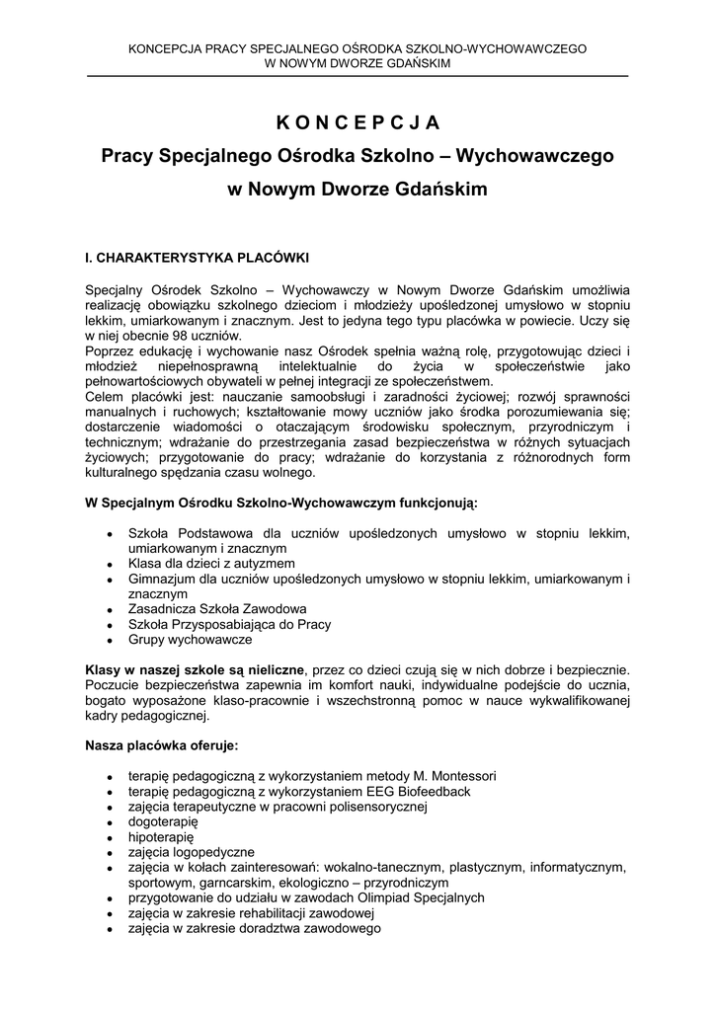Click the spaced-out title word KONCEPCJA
(358, 122)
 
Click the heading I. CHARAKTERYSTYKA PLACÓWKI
(198, 258)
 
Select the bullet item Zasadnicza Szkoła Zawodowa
(217, 609)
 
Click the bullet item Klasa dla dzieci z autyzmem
(213, 563)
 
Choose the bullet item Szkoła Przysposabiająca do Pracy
(229, 624)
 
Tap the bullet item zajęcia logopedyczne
(191, 852)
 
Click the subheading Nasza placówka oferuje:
(162, 744)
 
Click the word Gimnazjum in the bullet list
(162, 579)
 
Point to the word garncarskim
(232, 883)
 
